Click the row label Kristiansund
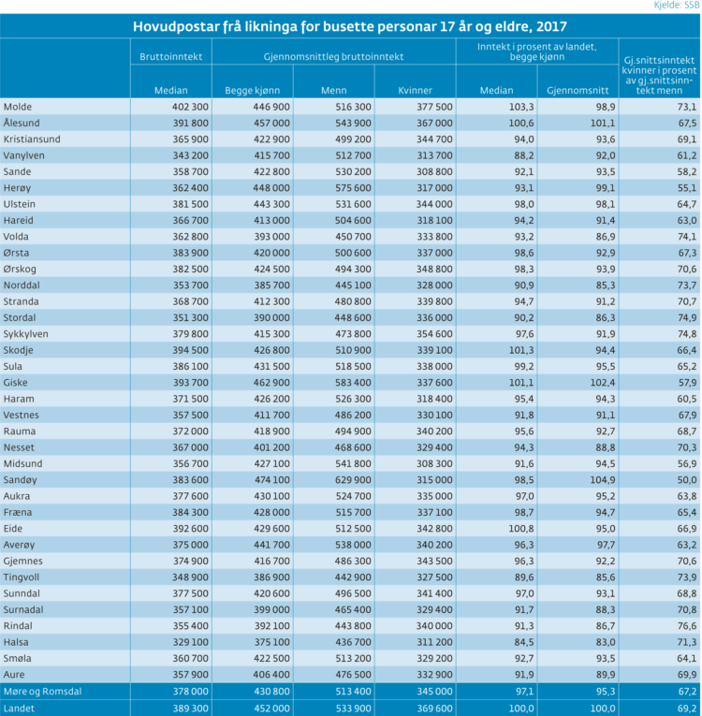(32, 139)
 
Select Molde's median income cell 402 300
(190, 107)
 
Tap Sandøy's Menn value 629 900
(353, 480)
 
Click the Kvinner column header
(415, 91)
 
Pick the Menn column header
(333, 91)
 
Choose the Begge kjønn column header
(252, 91)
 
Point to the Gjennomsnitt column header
(578, 91)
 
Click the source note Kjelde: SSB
(677, 6)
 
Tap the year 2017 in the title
(551, 26)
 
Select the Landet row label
(19, 709)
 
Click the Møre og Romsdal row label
(42, 692)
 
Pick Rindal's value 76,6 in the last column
(687, 626)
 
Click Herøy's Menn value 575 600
(353, 188)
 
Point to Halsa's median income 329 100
(190, 642)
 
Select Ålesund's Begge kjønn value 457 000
(271, 124)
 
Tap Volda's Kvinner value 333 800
(434, 237)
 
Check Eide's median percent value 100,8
(521, 529)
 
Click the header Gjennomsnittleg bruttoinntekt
(333, 56)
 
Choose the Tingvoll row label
(22, 577)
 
